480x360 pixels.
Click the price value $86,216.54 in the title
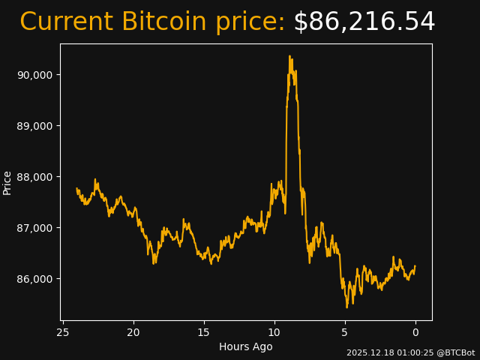click(x=364, y=22)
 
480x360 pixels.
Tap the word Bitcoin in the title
click(x=163, y=22)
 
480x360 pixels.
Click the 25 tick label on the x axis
click(x=63, y=332)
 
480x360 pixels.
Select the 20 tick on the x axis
click(x=133, y=332)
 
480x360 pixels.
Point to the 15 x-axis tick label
click(x=204, y=332)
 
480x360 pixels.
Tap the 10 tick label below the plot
click(x=274, y=332)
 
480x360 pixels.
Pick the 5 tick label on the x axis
click(x=345, y=332)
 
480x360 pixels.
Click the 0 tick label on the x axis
click(x=415, y=332)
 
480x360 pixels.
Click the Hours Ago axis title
click(x=246, y=346)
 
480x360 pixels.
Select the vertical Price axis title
click(x=7, y=182)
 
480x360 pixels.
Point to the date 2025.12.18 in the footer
click(x=367, y=352)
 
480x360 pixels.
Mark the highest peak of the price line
click(x=289, y=55)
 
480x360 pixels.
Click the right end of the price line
click(x=415, y=266)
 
